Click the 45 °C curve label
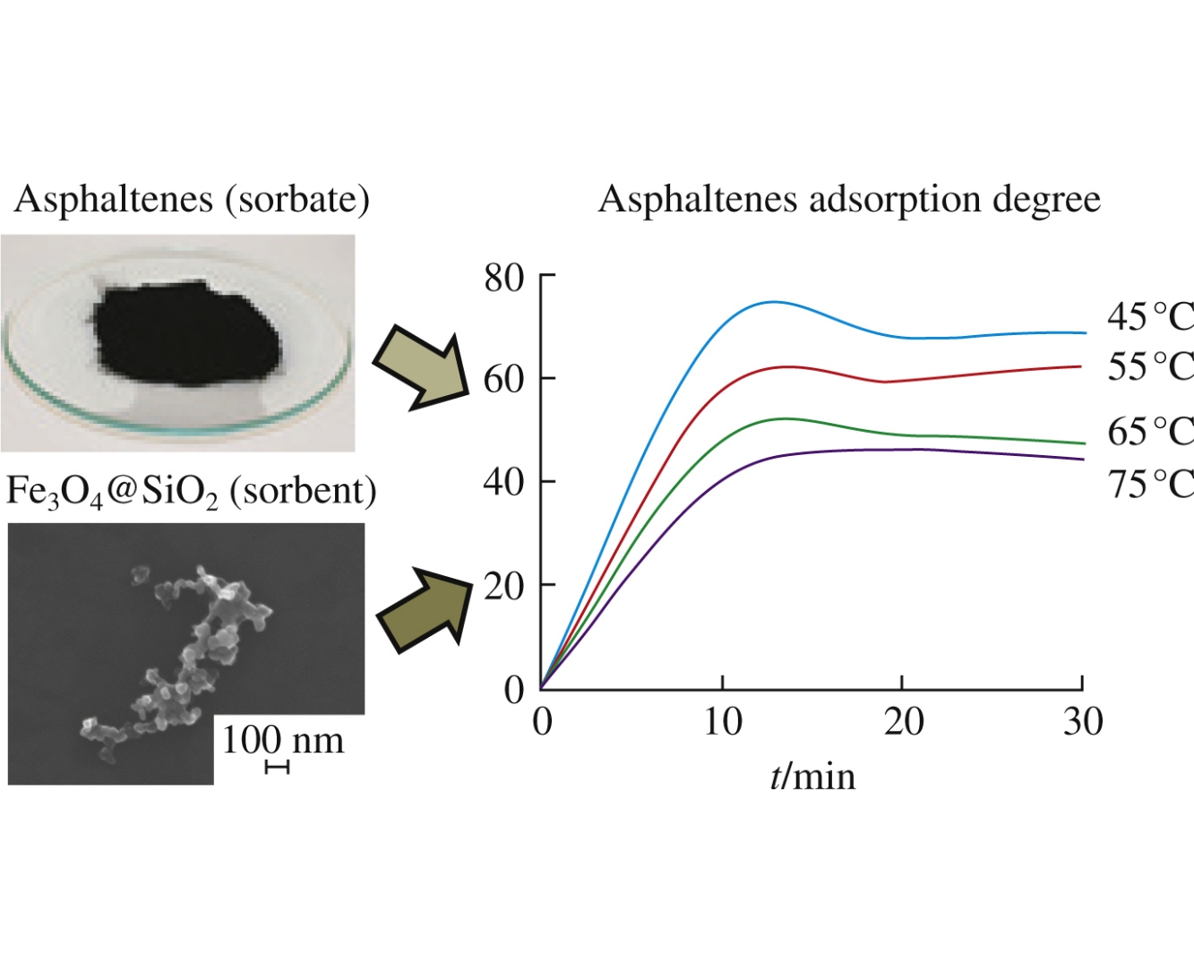pyautogui.click(x=1150, y=317)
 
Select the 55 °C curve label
pyautogui.click(x=1150, y=367)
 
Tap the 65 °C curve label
pyautogui.click(x=1150, y=432)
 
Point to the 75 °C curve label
pyautogui.click(x=1150, y=484)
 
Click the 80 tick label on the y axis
pyautogui.click(x=503, y=279)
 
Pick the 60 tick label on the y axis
pyautogui.click(x=503, y=380)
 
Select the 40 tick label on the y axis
pyautogui.click(x=503, y=483)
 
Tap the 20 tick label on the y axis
pyautogui.click(x=503, y=587)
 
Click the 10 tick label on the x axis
pyautogui.click(x=723, y=722)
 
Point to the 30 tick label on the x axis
pyautogui.click(x=1083, y=722)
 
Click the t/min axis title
pyautogui.click(x=812, y=776)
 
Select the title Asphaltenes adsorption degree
pyautogui.click(x=849, y=199)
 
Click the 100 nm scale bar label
pyautogui.click(x=283, y=741)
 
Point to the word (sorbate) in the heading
pyautogui.click(x=297, y=199)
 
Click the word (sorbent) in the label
pyautogui.click(x=303, y=491)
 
